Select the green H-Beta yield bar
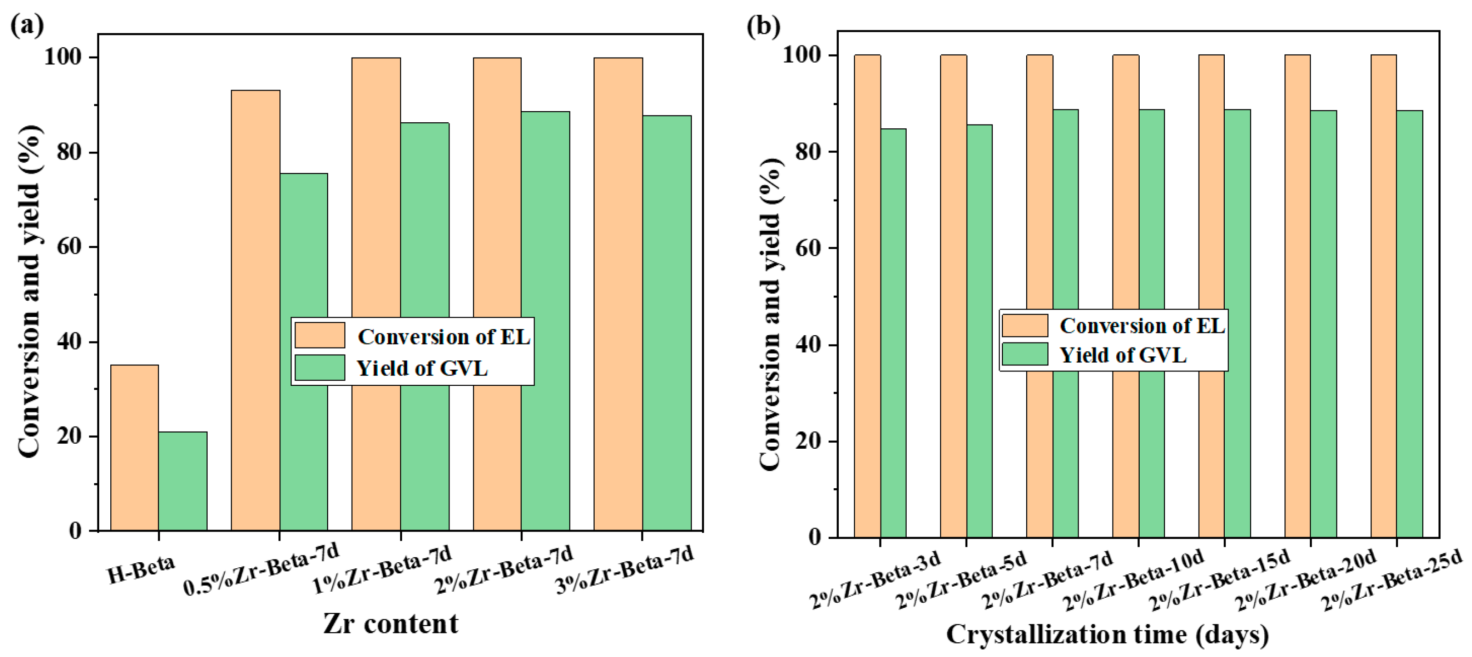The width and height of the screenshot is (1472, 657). pyautogui.click(x=183, y=481)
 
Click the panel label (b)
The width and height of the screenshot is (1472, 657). pyautogui.click(x=763, y=26)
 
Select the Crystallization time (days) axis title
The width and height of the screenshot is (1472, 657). pyautogui.click(x=1108, y=634)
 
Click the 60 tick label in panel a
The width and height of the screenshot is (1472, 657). pyautogui.click(x=68, y=246)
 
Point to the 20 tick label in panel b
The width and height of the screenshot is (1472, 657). pyautogui.click(x=808, y=441)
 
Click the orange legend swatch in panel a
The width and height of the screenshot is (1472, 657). pyautogui.click(x=319, y=335)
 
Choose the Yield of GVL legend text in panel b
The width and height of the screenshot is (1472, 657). pyautogui.click(x=1123, y=355)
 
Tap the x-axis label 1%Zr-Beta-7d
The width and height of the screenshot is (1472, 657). pyautogui.click(x=382, y=568)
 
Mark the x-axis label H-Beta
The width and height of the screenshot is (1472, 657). pyautogui.click(x=141, y=568)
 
